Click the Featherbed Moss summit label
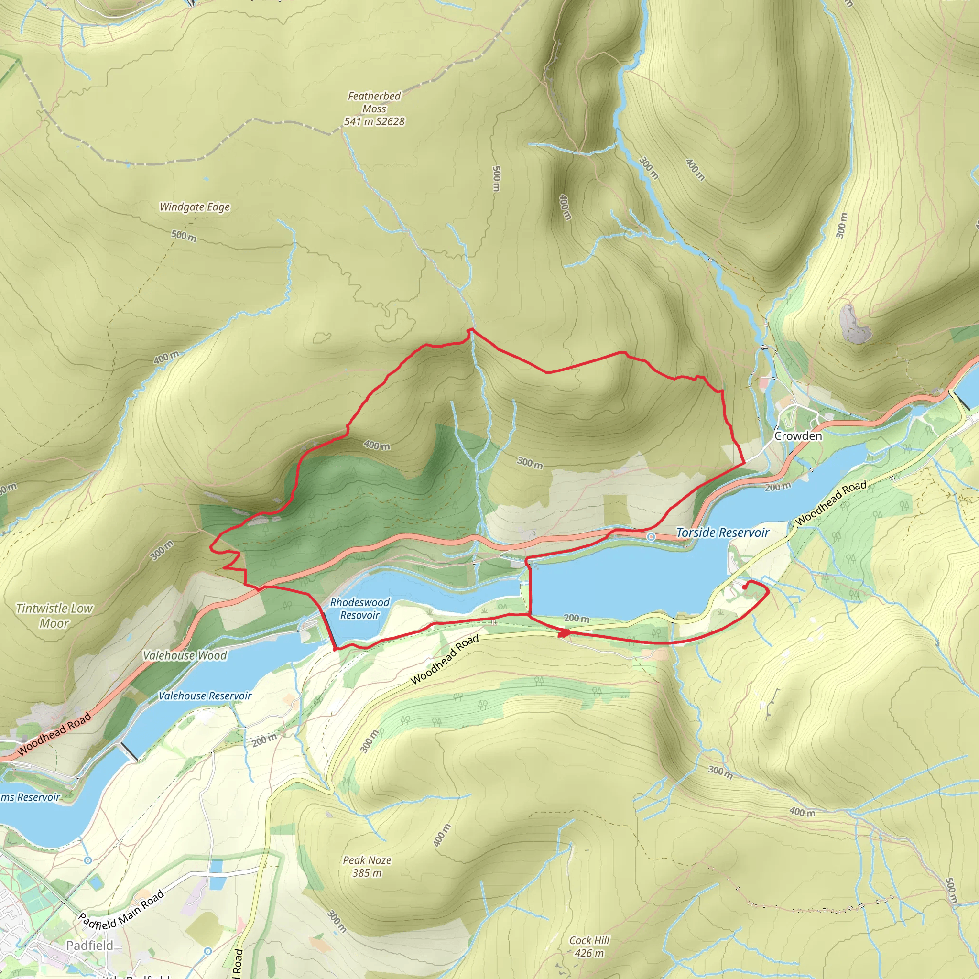pos(374,109)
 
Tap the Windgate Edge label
pos(195,207)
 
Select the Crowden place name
pos(798,436)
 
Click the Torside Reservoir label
pos(723,533)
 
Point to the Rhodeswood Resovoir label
pos(360,609)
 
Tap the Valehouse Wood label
pos(185,655)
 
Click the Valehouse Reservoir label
pos(205,696)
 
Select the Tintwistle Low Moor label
pos(54,616)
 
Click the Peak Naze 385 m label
pos(367,867)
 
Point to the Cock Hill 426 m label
pos(589,946)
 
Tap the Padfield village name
pos(90,946)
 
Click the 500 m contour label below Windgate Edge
pos(184,236)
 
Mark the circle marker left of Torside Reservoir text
pos(651,537)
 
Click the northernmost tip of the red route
pos(470,330)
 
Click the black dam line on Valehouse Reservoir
pos(129,752)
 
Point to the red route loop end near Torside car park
pos(744,587)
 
